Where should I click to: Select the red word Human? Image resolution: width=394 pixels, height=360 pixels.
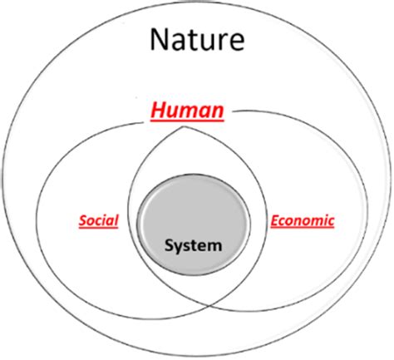[187, 111]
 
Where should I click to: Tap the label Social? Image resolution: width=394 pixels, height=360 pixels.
[98, 221]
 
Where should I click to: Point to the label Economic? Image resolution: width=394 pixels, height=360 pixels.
[303, 221]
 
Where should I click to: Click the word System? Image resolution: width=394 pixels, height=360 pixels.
[194, 245]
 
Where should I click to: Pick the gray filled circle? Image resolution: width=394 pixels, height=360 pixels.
[194, 225]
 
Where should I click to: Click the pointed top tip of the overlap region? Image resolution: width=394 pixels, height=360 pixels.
[183, 126]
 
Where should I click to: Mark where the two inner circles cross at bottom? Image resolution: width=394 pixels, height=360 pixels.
[209, 306]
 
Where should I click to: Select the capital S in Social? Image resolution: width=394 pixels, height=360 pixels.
[83, 221]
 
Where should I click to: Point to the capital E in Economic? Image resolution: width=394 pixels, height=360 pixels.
[275, 221]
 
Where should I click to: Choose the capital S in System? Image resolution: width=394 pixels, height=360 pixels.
[170, 245]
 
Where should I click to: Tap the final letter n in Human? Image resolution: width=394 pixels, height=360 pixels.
[218, 112]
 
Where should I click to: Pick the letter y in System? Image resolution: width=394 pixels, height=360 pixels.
[179, 249]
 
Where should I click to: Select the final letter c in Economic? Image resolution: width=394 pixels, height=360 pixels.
[331, 222]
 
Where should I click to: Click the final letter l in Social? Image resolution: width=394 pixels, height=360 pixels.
[116, 220]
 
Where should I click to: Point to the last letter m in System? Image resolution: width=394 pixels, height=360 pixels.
[214, 247]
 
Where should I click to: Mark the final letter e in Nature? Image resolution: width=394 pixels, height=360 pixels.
[237, 42]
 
